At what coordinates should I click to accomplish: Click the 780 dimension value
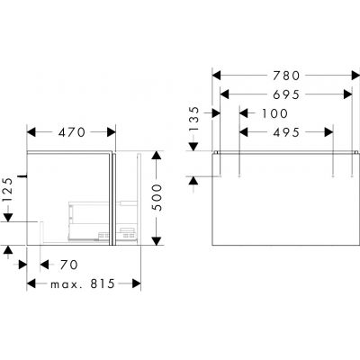[x=286, y=76]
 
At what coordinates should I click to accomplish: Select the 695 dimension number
[x=286, y=94]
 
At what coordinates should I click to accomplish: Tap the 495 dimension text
[x=286, y=132]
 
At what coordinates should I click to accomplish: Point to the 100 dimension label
[x=274, y=113]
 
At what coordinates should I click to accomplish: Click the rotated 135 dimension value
[x=194, y=119]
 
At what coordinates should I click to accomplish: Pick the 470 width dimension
[x=72, y=132]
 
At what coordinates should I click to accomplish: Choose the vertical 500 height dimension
[x=157, y=198]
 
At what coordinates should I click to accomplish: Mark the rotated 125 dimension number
[x=8, y=190]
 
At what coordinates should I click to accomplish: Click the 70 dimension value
[x=68, y=265]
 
